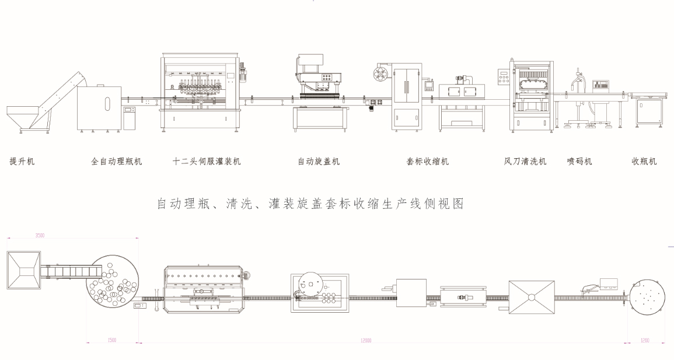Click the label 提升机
tap(22, 162)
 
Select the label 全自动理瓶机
tap(117, 162)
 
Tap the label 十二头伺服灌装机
tap(207, 162)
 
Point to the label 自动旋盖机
tap(319, 162)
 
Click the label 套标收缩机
tap(428, 162)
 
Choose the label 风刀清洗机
tap(525, 162)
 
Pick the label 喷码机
tap(579, 162)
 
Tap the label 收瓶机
tap(644, 162)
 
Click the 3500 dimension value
tap(40, 236)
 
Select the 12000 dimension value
tap(366, 340)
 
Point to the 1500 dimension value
tap(111, 340)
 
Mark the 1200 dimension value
tap(644, 340)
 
